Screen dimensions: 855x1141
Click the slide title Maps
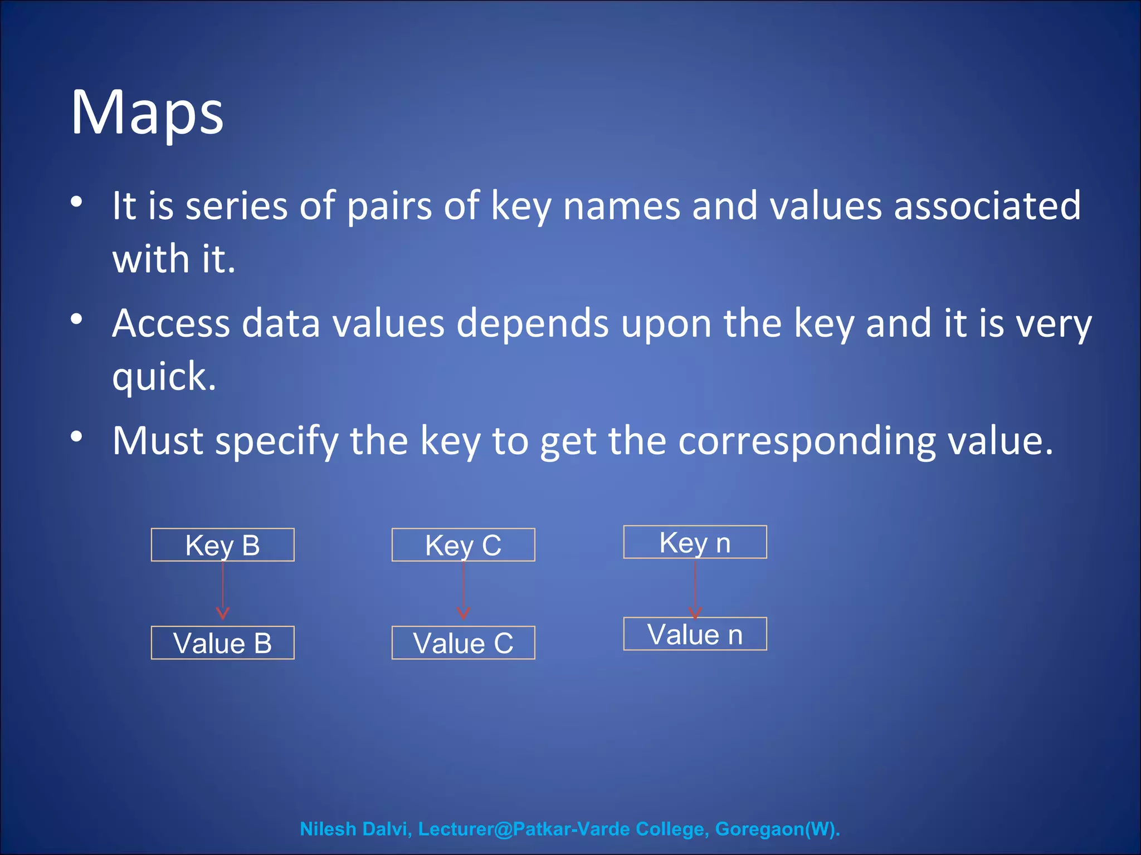147,113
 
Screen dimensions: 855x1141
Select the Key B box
222,545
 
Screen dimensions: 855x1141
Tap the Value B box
222,643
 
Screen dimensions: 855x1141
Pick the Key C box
463,545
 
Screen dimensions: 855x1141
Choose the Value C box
463,643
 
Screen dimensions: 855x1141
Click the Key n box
695,542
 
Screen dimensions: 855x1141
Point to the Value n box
695,634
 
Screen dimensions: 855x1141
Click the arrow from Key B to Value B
223,590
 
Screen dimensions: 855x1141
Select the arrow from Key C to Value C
464,590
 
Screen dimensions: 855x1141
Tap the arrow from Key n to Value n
695,587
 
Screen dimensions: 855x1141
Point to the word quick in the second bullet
164,376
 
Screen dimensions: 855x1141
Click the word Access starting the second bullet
170,323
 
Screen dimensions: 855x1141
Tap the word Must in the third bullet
158,441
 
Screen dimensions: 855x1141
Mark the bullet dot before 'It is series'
77,202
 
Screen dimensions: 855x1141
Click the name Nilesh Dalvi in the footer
355,829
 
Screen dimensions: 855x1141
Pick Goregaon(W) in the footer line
777,829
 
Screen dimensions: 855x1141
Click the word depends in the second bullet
533,324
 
